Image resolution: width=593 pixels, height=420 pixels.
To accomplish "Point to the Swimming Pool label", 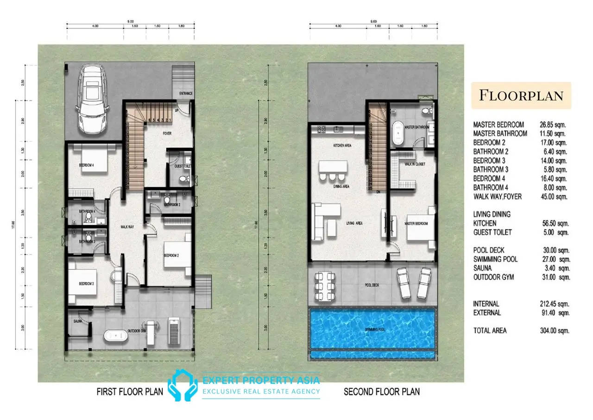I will (373, 331).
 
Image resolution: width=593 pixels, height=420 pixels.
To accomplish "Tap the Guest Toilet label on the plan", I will (183, 166).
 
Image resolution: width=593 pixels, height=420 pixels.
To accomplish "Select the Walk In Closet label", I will (415, 164).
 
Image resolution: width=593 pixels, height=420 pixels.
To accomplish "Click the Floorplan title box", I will (521, 95).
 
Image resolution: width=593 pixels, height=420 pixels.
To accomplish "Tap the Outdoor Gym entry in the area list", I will (493, 277).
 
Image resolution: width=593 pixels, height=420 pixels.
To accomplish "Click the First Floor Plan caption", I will (130, 392).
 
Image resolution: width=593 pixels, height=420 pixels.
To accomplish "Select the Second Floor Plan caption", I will (381, 392).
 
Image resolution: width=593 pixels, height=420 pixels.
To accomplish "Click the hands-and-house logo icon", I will (182, 386).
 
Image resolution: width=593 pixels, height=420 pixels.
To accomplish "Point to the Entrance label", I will (186, 93).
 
